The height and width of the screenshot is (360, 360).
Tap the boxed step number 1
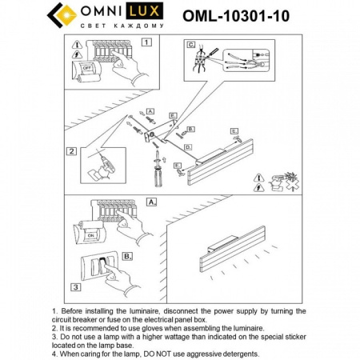[146, 41]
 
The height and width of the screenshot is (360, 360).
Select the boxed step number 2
[71, 150]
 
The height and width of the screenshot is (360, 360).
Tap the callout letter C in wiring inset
[190, 46]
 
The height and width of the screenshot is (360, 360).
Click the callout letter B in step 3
[128, 257]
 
